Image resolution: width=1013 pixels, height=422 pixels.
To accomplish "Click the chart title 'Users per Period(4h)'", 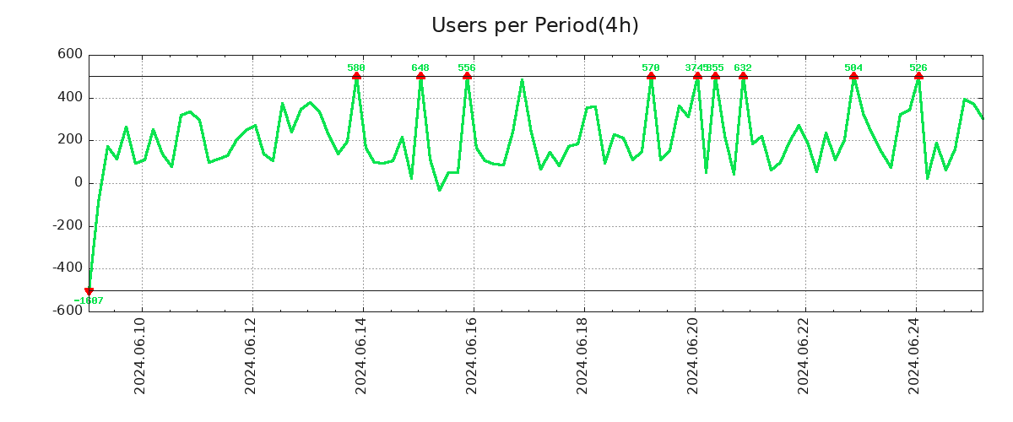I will coord(534,25).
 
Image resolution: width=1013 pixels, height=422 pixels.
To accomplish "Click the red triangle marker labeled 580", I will coord(356,76).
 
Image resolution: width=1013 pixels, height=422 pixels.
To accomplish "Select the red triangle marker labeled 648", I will coord(420,76).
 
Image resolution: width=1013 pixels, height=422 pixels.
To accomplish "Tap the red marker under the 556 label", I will coord(467,76).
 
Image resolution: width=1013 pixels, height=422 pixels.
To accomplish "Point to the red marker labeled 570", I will coord(651,76).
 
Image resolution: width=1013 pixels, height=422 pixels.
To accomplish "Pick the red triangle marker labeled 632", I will coord(743,76).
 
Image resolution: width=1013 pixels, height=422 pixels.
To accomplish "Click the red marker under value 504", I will coord(853,76).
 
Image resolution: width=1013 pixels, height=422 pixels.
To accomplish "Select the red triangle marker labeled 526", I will coord(918,76).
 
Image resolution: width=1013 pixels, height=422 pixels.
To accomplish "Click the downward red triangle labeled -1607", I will coord(89,291).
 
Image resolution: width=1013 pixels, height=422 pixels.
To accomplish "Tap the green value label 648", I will coord(420,68).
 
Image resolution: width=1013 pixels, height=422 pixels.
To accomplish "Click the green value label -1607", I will coord(89,301).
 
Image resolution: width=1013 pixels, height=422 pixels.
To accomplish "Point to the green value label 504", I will coord(853,68).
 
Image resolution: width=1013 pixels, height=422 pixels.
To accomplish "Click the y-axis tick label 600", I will coord(70,54).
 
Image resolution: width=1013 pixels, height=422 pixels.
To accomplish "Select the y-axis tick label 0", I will coord(79,182).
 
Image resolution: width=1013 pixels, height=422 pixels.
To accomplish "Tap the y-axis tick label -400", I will coord(68,268).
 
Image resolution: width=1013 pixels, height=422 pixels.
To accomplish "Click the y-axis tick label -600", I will coord(68,310).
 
